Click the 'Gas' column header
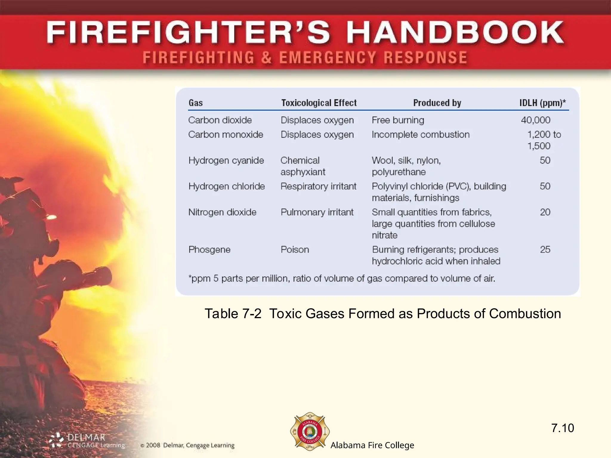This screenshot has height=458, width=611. click(196, 103)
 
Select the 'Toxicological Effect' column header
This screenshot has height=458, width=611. click(319, 103)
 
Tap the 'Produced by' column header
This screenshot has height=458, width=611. click(437, 103)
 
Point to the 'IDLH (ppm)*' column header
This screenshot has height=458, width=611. click(542, 103)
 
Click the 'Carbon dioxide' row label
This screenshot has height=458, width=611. click(220, 120)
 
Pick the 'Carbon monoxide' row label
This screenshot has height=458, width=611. click(226, 134)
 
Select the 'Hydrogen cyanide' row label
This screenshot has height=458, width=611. click(226, 160)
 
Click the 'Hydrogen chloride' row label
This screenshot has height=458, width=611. click(226, 186)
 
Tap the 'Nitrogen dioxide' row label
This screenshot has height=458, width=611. click(222, 212)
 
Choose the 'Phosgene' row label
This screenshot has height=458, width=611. click(209, 250)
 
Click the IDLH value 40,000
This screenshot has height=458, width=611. click(536, 120)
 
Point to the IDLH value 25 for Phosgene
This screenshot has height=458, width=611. click(545, 250)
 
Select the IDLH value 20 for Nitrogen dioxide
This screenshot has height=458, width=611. click(545, 212)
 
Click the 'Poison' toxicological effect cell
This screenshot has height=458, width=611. click(295, 250)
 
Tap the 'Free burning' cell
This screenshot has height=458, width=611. click(398, 120)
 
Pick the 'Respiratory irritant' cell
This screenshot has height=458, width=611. click(318, 186)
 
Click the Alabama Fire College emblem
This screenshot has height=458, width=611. click(310, 431)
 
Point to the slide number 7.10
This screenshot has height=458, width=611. click(562, 428)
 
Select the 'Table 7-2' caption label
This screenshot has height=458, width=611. click(233, 314)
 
